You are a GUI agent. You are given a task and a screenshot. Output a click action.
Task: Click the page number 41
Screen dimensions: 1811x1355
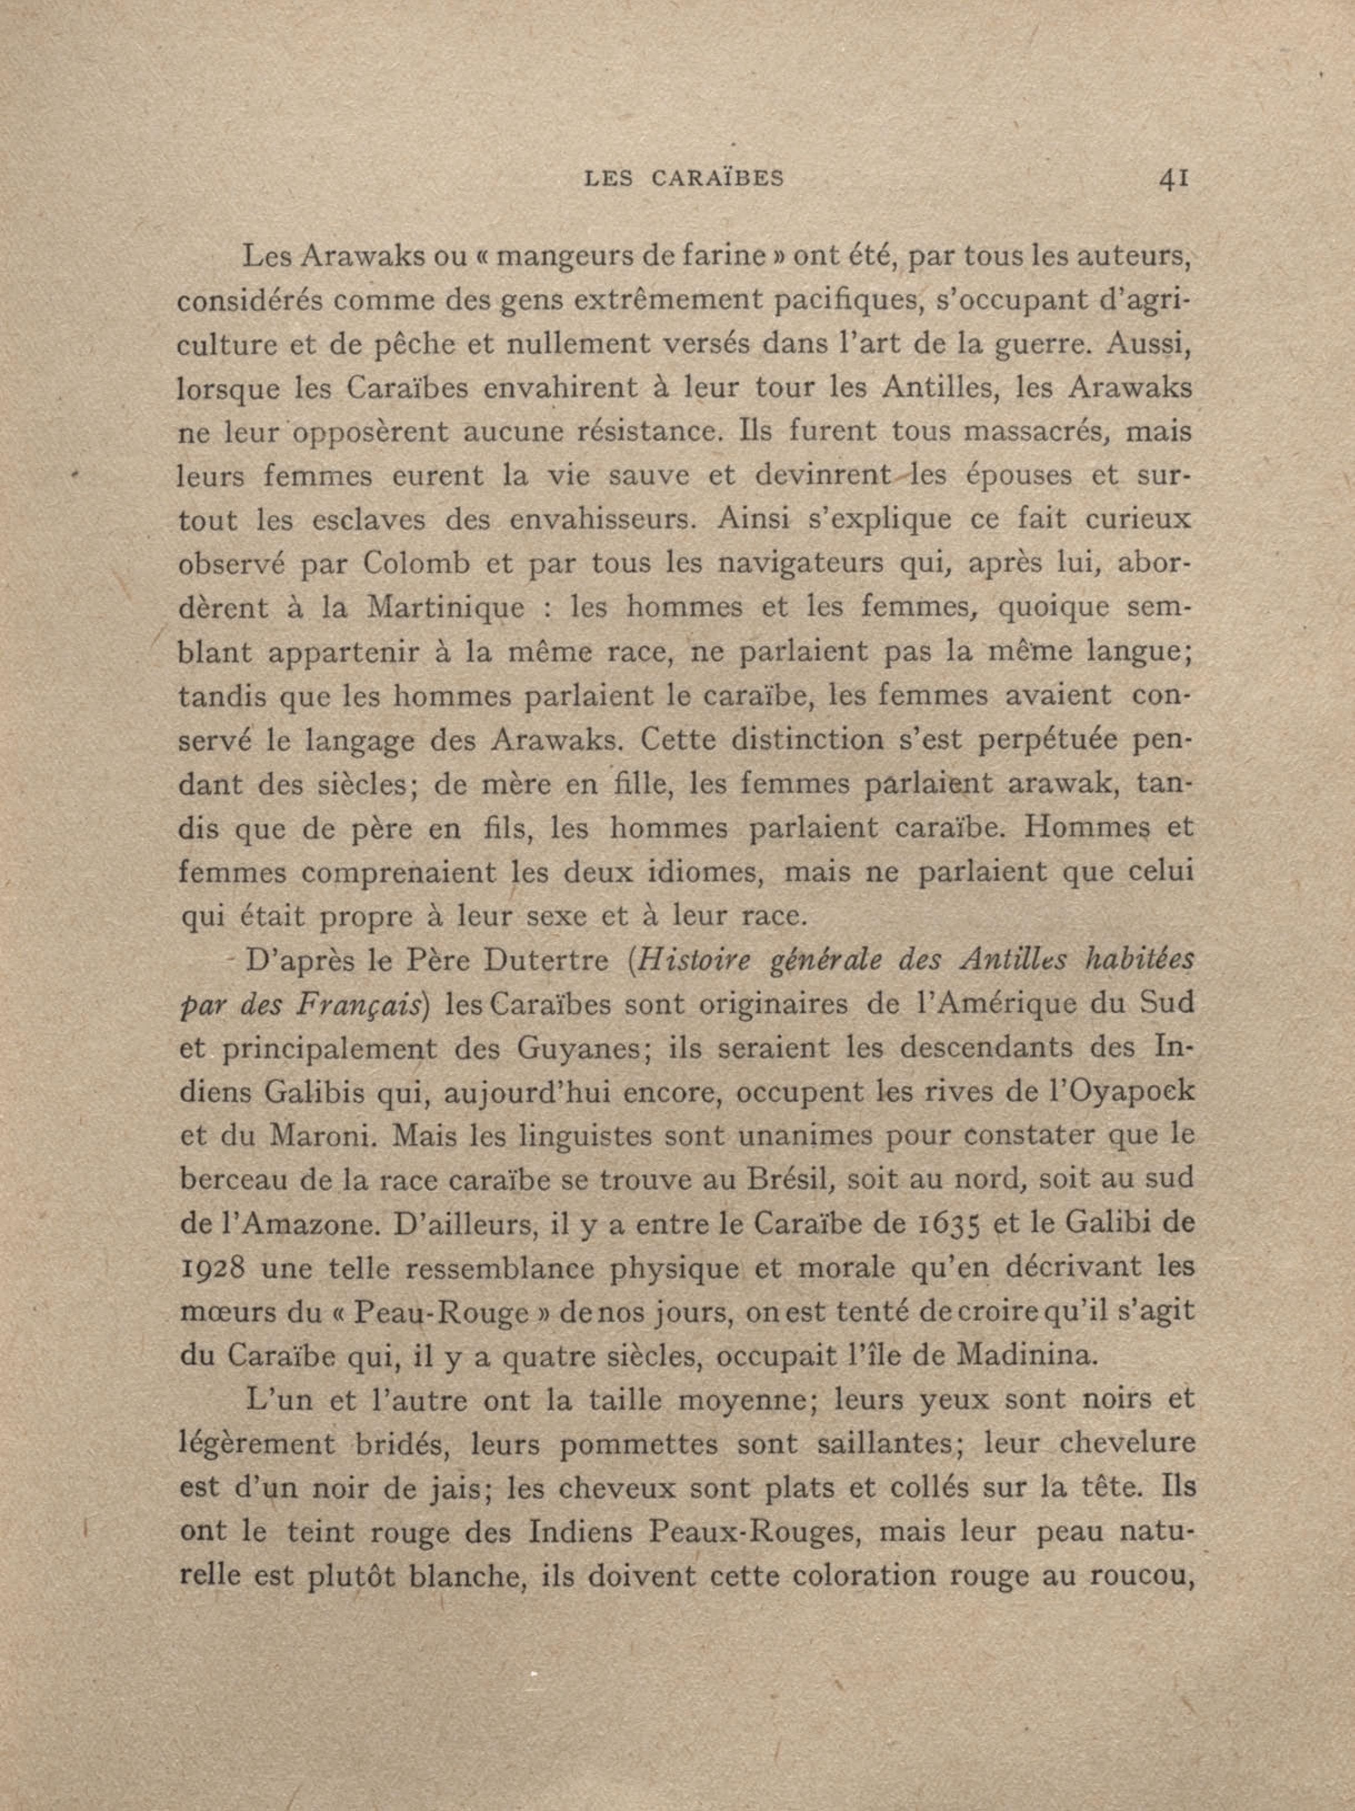tap(1173, 179)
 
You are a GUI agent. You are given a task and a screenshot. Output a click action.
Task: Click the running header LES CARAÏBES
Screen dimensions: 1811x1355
tap(684, 179)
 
